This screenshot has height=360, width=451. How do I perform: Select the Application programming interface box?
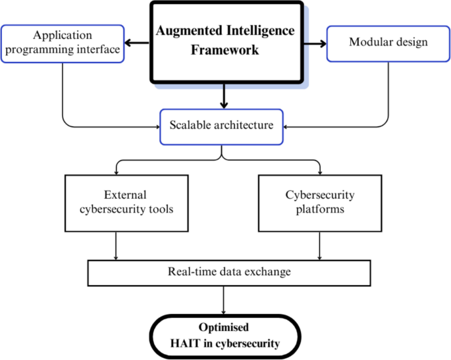tap(63, 43)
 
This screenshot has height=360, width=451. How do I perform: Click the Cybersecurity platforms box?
tap(320, 202)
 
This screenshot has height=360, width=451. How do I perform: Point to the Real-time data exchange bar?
tap(225, 272)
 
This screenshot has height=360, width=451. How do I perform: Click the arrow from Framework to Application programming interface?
tap(138, 43)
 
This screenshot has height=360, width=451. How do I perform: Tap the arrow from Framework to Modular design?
tap(315, 43)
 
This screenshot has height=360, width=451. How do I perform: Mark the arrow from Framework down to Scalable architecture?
tap(225, 97)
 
